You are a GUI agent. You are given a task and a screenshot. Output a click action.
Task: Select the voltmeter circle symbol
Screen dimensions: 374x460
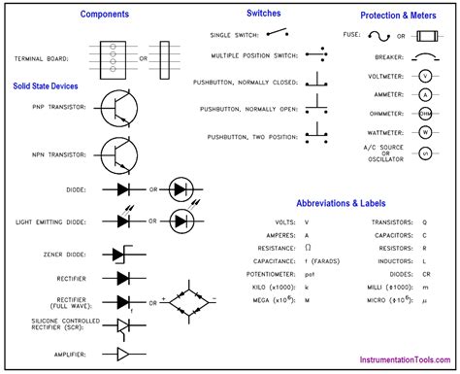[424, 76]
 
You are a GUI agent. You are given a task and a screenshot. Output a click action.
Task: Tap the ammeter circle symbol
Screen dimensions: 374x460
[424, 94]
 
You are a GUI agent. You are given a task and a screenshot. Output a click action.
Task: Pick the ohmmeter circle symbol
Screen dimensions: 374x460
[424, 113]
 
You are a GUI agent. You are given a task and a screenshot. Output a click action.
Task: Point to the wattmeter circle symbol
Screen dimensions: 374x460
[424, 131]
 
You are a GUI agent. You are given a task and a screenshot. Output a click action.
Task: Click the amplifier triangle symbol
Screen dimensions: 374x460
[126, 353]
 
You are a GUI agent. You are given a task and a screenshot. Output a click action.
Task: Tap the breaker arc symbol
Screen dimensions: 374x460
[423, 57]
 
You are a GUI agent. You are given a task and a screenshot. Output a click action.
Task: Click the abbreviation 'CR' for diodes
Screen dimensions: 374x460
[424, 275]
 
